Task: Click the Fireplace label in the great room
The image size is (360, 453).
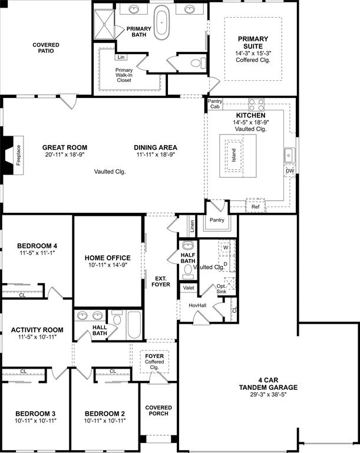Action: point(18,155)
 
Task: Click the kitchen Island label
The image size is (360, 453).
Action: point(234,155)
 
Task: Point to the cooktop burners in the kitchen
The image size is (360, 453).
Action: point(256,105)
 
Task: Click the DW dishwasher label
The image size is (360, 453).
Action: point(289,171)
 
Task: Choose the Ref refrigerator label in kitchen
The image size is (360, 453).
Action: point(255,206)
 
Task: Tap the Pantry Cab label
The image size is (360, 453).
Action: point(215,104)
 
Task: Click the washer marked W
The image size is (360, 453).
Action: point(226,247)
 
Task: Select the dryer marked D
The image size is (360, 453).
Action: point(226,264)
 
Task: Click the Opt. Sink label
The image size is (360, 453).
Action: point(221,288)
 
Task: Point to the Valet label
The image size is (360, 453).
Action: point(189,288)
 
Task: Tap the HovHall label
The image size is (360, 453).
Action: point(197,305)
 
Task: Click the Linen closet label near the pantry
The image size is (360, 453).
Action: point(191,225)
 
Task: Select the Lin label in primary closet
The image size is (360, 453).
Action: point(121,57)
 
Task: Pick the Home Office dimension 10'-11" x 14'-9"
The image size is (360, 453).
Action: point(107,265)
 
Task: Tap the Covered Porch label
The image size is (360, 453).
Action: point(158,411)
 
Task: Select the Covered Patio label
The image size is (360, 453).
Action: point(46,48)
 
